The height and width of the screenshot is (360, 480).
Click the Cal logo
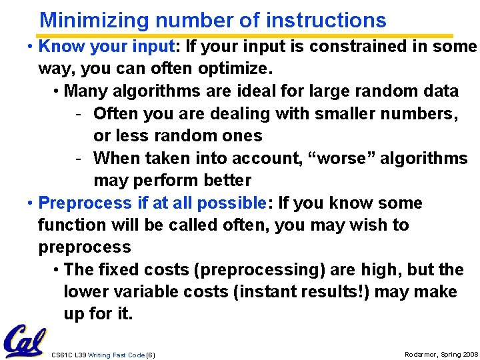[x=24, y=341]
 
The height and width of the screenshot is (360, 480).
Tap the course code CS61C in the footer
[x=61, y=355]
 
